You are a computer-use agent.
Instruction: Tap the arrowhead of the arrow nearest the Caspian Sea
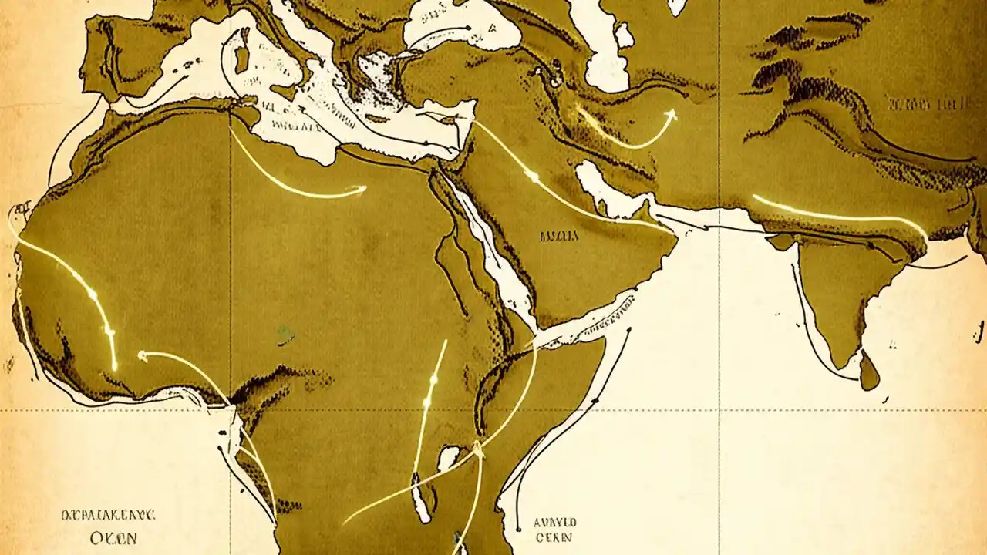click(x=670, y=115)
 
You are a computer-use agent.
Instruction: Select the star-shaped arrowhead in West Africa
click(x=142, y=355)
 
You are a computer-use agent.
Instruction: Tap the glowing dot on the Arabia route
click(x=532, y=177)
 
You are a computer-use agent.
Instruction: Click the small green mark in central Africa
click(x=286, y=335)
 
